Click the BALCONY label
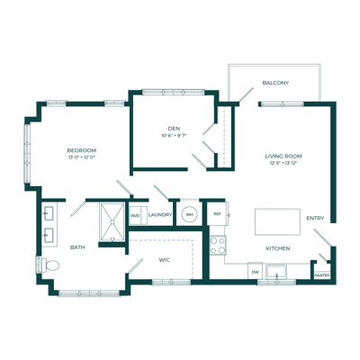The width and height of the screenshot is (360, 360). pyautogui.click(x=275, y=83)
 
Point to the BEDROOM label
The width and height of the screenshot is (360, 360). pyautogui.click(x=81, y=150)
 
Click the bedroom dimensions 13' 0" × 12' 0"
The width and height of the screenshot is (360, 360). pyautogui.click(x=81, y=158)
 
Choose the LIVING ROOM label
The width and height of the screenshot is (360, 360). pyautogui.click(x=283, y=157)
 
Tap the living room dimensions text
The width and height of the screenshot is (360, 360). pyautogui.click(x=283, y=165)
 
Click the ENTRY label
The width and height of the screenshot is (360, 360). pyautogui.click(x=315, y=218)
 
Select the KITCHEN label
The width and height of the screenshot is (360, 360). pyautogui.click(x=277, y=247)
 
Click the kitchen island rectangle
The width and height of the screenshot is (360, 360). pyautogui.click(x=276, y=221)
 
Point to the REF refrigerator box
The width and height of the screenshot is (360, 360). pyautogui.click(x=217, y=214)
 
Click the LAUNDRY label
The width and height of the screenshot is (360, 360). pyautogui.click(x=160, y=215)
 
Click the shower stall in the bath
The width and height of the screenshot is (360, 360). pyautogui.click(x=112, y=221)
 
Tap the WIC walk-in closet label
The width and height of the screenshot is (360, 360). pyautogui.click(x=165, y=260)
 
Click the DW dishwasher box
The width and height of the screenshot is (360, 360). pyautogui.click(x=256, y=271)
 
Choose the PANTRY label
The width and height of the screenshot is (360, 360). pyautogui.click(x=321, y=274)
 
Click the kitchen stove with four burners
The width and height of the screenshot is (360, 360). pyautogui.click(x=217, y=242)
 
